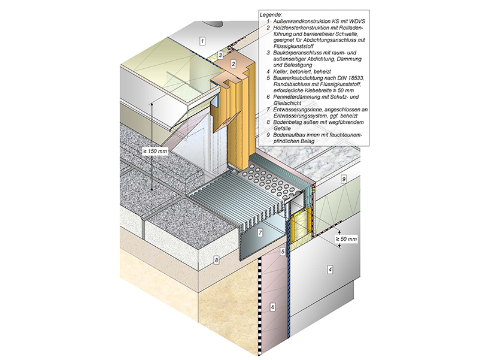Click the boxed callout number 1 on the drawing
pyautogui.click(x=202, y=41)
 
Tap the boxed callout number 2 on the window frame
pyautogui.click(x=235, y=63)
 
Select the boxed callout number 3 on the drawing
pyautogui.click(x=220, y=55)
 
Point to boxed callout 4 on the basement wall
pyautogui.click(x=329, y=270)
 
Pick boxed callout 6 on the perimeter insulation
pyautogui.click(x=272, y=307)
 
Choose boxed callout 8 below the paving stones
pyautogui.click(x=217, y=260)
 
